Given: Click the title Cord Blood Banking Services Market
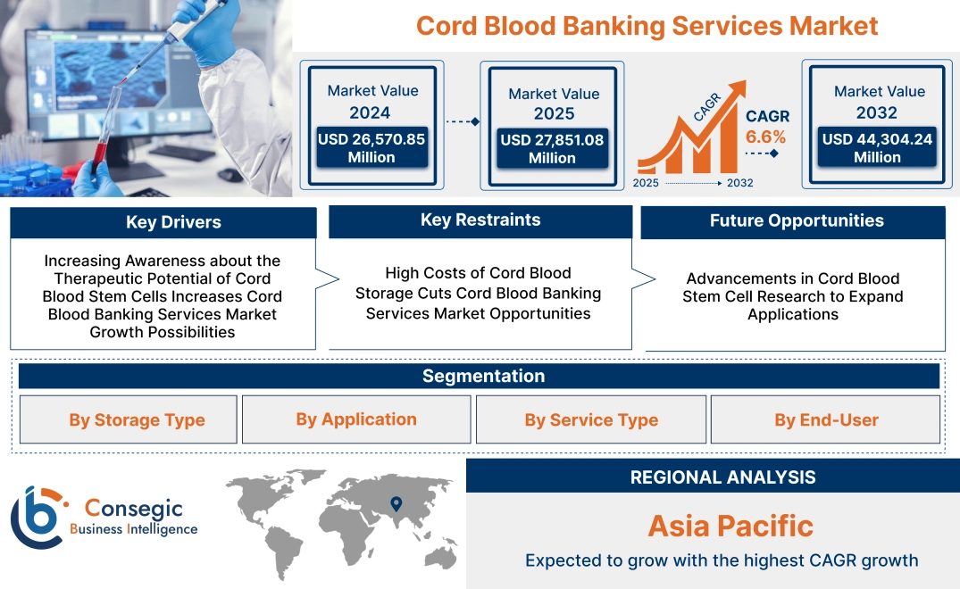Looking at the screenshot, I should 647,25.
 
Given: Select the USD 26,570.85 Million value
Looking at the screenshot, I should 371,148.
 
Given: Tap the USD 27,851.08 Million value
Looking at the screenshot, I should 552,149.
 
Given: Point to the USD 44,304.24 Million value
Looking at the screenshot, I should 877,148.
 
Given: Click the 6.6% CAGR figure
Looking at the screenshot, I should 765,137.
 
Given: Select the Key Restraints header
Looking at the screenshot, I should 480,220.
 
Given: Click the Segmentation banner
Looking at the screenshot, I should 483,376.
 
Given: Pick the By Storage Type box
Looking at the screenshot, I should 137,420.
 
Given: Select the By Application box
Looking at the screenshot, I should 356,419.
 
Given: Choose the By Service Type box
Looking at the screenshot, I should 591,420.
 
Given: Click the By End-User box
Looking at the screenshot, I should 826,420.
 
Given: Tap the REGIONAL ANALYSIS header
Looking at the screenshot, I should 722,477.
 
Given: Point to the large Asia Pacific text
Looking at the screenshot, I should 730,526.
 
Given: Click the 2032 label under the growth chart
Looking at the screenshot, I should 739,183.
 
